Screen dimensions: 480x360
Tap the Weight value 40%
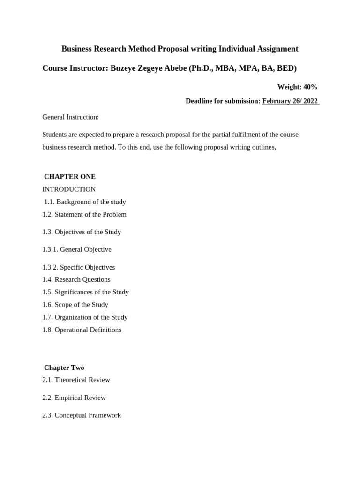click(x=310, y=87)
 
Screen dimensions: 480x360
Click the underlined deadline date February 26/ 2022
click(x=291, y=101)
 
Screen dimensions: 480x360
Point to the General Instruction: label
click(x=70, y=117)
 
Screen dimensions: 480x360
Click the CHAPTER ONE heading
click(x=70, y=177)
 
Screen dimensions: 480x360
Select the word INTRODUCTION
click(x=69, y=189)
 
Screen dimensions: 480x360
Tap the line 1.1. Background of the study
click(x=85, y=202)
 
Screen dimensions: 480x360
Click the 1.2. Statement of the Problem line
click(x=84, y=215)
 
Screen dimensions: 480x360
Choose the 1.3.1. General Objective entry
click(x=77, y=249)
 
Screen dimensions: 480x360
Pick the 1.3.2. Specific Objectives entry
click(x=78, y=267)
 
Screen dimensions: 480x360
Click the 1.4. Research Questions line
click(x=76, y=279)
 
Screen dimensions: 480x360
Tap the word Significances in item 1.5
click(x=75, y=292)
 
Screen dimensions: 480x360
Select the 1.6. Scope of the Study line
click(x=75, y=305)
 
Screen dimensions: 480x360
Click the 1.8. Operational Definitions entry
click(x=82, y=330)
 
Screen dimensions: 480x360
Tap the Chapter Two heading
click(x=64, y=368)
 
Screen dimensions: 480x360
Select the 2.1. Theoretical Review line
click(x=76, y=380)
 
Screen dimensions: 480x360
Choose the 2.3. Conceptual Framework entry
click(x=82, y=415)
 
